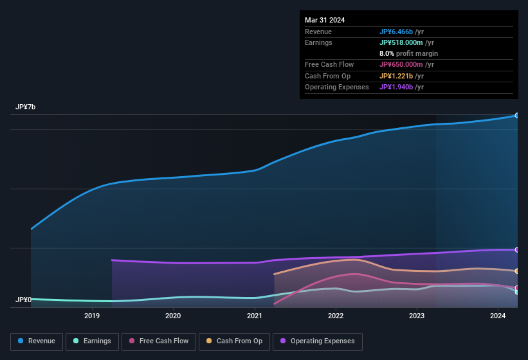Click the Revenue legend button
coord(37,341)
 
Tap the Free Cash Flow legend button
coord(159,341)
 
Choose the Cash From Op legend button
coord(234,341)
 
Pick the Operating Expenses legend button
coord(317,341)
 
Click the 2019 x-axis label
coord(92,316)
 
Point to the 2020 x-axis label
coord(173,316)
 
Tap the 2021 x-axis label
coord(255,316)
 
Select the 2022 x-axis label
coord(336,316)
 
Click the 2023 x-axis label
coord(417,316)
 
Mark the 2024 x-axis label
coord(498,316)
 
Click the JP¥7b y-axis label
coord(26,107)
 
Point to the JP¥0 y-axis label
coord(24,300)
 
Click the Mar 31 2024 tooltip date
coord(325,20)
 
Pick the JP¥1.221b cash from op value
coord(397,76)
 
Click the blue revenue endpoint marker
coord(516,116)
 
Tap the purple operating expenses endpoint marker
coord(516,249)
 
